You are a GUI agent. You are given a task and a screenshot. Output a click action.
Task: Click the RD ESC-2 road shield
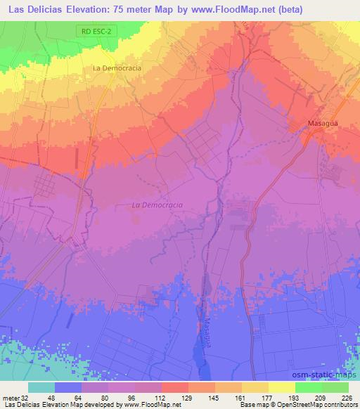pyautogui.click(x=95, y=32)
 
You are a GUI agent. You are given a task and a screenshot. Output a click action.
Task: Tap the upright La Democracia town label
pyautogui.click(x=117, y=68)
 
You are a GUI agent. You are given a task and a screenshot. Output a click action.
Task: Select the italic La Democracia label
pyautogui.click(x=157, y=204)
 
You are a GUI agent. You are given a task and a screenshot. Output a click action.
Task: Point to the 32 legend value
pyautogui.click(x=26, y=397)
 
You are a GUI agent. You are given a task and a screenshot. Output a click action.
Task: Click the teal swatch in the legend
pyautogui.click(x=41, y=387)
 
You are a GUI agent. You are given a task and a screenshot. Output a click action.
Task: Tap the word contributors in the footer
pyautogui.click(x=340, y=405)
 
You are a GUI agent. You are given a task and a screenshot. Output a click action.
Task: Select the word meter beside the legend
pyautogui.click(x=10, y=397)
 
